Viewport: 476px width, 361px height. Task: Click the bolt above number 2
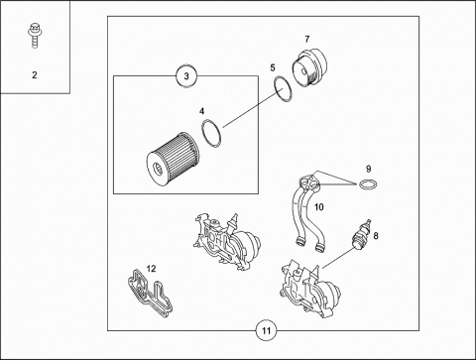34,36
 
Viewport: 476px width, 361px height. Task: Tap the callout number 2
35,75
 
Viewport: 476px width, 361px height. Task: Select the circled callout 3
186,76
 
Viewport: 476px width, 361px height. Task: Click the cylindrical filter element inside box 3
173,160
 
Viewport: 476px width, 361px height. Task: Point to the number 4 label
201,111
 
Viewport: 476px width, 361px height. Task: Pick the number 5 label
273,67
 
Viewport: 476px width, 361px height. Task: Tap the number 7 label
307,40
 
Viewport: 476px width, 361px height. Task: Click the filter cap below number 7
309,67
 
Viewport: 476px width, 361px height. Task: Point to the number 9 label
369,169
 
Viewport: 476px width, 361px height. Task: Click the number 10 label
318,207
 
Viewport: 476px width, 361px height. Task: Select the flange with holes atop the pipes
309,182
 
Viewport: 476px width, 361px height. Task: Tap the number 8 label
376,236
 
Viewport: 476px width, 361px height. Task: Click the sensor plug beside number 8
361,235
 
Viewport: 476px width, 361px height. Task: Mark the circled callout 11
267,330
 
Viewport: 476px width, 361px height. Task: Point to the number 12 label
151,269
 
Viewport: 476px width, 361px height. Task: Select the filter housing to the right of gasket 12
227,242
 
